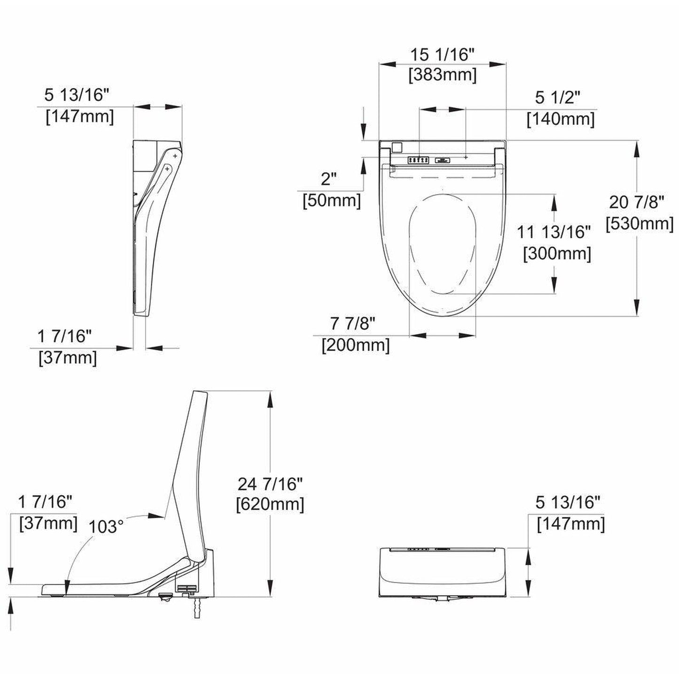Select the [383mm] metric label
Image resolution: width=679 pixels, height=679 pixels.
[442, 75]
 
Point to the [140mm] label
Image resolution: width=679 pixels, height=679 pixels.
[561, 119]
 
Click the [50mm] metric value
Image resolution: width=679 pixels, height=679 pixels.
[332, 201]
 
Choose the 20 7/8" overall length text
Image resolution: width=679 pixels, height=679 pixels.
[637, 202]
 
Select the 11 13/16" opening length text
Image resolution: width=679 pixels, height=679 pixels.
[554, 232]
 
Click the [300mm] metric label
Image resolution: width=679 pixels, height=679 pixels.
[557, 254]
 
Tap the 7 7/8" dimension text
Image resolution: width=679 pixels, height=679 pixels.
[353, 323]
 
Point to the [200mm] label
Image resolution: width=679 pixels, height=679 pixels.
[356, 345]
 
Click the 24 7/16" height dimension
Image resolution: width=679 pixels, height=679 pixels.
[270, 483]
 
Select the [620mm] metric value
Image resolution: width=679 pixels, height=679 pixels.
[270, 504]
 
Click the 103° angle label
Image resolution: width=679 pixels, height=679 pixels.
[106, 526]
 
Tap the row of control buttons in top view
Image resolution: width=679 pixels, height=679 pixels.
[418, 160]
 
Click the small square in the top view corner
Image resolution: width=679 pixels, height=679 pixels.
[397, 148]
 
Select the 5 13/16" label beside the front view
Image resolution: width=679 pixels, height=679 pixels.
[568, 502]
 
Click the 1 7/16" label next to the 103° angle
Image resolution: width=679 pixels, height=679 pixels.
[45, 502]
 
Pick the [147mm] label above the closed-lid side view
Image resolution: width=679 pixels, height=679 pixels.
[79, 117]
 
